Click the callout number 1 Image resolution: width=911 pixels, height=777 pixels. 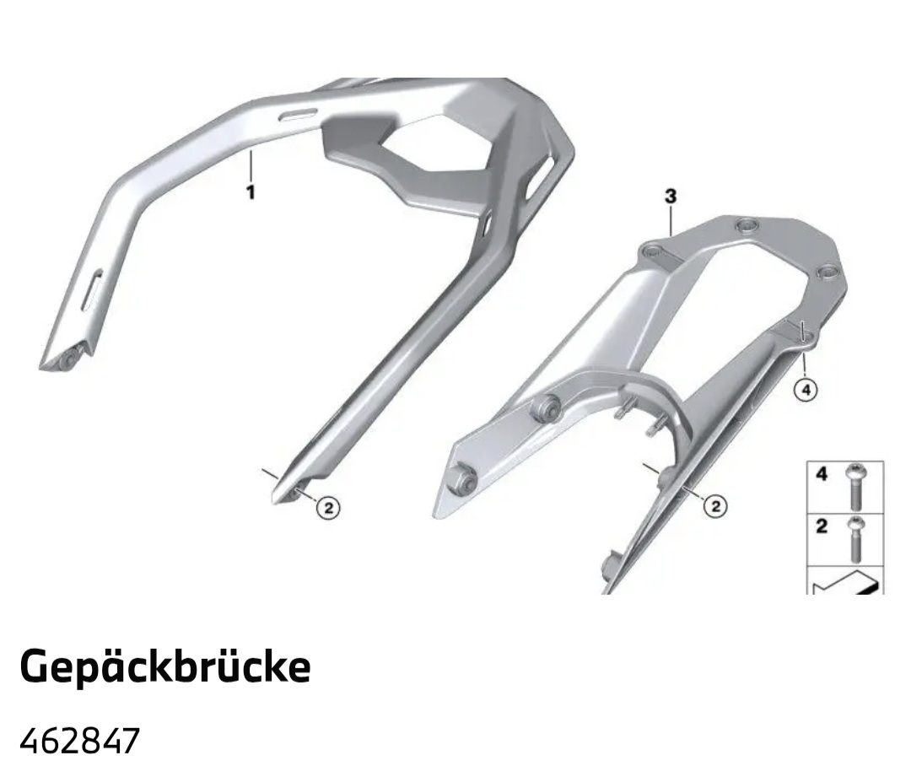click(251, 192)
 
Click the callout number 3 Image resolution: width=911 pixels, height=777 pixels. click(671, 197)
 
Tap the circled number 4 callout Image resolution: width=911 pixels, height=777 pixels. click(806, 390)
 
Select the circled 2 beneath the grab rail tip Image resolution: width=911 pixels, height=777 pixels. click(328, 509)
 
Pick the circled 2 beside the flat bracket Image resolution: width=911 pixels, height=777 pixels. click(715, 506)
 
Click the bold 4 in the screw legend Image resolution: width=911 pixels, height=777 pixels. click(822, 474)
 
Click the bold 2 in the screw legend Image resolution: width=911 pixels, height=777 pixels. click(822, 526)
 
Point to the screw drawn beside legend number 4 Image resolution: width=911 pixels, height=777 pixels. click(855, 487)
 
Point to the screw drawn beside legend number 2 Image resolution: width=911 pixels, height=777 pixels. click(855, 539)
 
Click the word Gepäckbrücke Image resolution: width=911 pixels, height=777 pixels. click(165, 666)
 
